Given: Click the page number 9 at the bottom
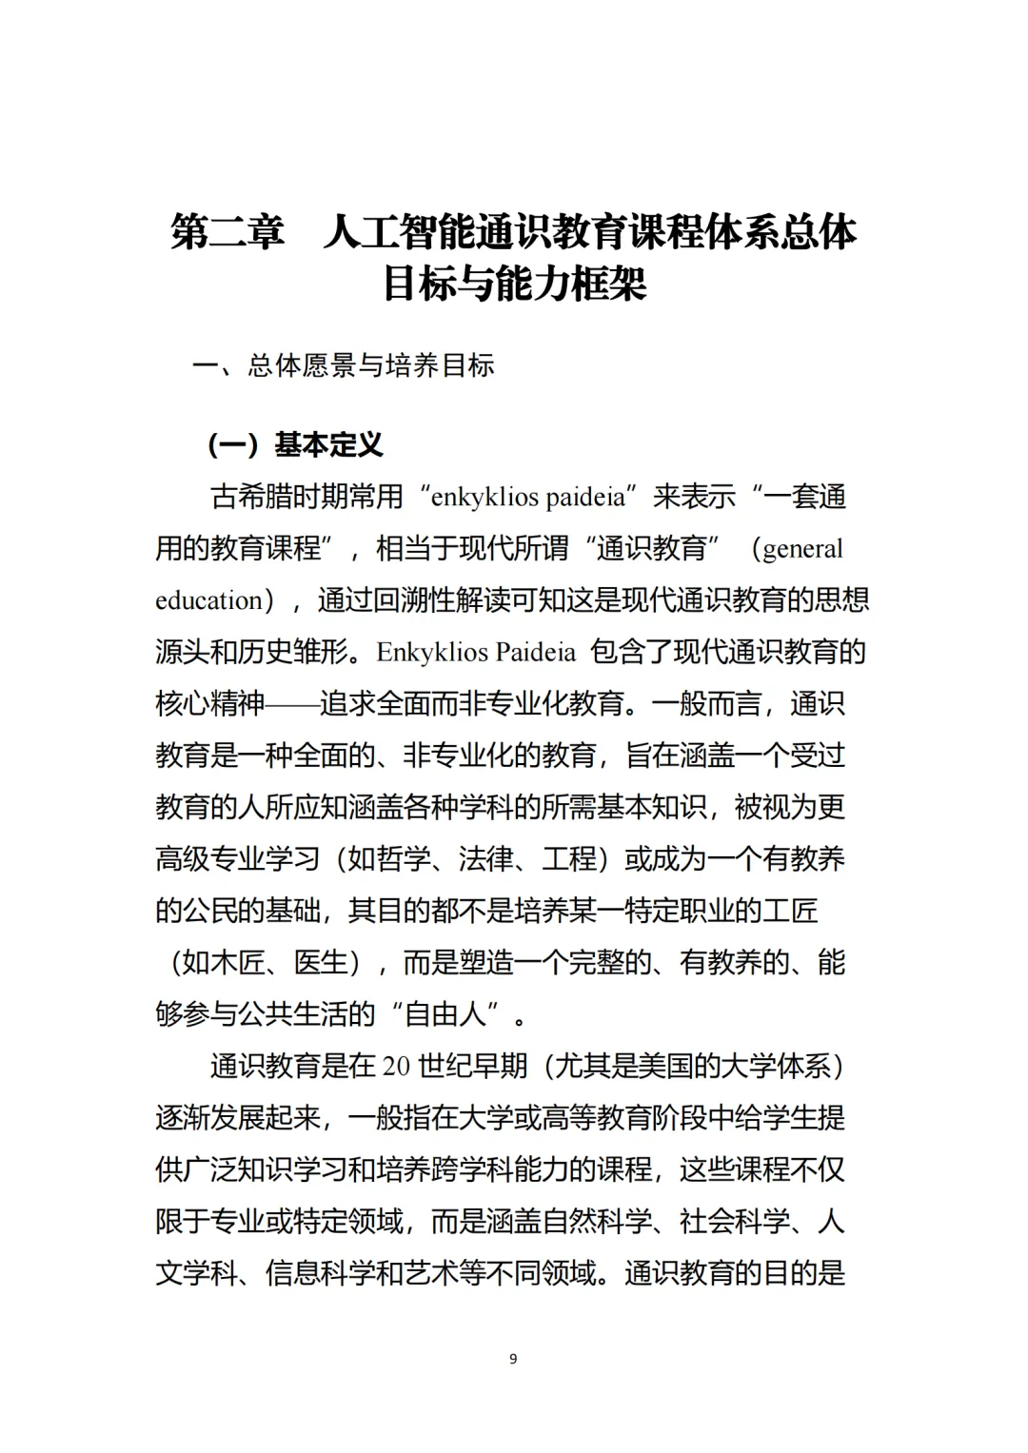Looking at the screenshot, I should (x=513, y=1359).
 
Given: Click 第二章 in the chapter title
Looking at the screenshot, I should (x=227, y=232).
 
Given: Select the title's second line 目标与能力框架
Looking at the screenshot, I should (x=514, y=284).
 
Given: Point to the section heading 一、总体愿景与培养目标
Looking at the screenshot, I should (x=344, y=365).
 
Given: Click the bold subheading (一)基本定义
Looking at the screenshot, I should (x=296, y=444).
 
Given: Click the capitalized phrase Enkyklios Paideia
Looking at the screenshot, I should (x=476, y=652).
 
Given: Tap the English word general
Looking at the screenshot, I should (x=802, y=549).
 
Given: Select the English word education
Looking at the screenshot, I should (x=208, y=600).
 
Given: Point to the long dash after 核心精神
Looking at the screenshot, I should (x=292, y=704).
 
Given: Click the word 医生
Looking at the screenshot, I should (x=321, y=963).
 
